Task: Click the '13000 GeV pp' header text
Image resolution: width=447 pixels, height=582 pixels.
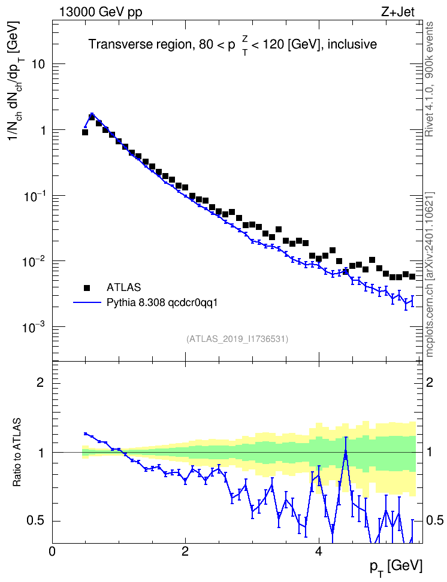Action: point(100,12)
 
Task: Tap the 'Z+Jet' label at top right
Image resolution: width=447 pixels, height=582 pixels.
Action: point(398,12)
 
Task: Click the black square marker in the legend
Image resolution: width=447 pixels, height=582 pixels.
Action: point(87,287)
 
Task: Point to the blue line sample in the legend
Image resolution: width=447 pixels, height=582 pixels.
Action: point(87,302)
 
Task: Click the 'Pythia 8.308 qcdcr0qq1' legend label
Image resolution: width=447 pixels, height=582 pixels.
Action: point(162,303)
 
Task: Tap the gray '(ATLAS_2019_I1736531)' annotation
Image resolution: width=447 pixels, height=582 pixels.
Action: point(237,338)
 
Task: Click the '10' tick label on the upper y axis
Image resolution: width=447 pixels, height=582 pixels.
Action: point(38,64)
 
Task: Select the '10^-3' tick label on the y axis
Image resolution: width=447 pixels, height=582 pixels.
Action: point(34,328)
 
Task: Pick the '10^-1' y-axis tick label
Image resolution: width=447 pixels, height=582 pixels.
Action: point(34,196)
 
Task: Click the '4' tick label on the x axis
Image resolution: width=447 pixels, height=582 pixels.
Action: point(318,551)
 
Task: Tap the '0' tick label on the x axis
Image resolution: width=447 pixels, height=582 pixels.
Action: point(52,551)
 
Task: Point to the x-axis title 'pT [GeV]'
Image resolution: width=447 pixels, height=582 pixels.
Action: point(396,568)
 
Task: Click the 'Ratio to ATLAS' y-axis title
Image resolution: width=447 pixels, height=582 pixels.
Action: point(17,452)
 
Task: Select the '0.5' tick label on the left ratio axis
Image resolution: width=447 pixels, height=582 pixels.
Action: point(36,521)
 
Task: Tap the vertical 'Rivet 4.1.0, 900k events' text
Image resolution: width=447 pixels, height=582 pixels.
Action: point(429,79)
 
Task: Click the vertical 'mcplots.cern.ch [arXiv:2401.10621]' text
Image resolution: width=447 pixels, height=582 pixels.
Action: point(429,274)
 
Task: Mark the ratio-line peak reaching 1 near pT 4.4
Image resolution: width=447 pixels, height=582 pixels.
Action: point(346,451)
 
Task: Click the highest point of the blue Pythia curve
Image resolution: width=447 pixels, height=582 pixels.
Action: point(92,114)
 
